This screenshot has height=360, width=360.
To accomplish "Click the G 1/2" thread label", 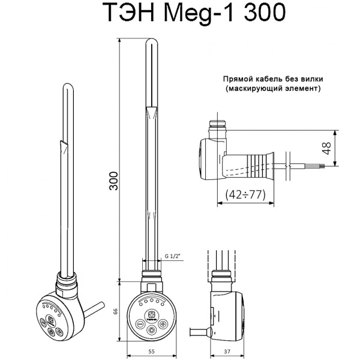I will [173, 256].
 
